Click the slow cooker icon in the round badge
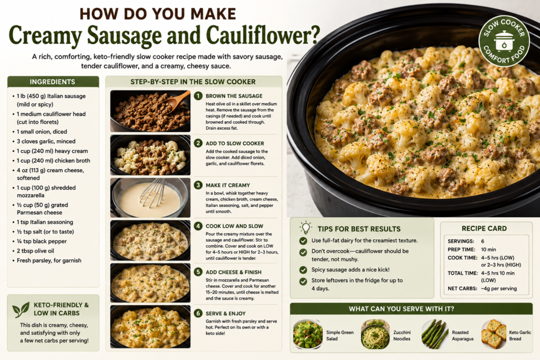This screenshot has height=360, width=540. click(x=504, y=41)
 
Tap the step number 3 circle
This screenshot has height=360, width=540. click(x=198, y=185)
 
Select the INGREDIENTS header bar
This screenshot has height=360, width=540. click(x=53, y=82)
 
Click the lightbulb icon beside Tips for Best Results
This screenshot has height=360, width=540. click(x=305, y=228)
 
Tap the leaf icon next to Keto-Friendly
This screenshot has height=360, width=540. click(x=21, y=309)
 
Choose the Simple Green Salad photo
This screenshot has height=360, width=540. click(x=308, y=335)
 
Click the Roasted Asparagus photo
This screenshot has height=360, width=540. click(x=435, y=335)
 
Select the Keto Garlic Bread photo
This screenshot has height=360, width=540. click(x=494, y=335)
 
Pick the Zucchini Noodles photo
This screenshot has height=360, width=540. click(x=375, y=335)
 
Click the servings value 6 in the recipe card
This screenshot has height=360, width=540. click(x=483, y=241)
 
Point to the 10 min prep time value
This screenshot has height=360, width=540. click(x=488, y=249)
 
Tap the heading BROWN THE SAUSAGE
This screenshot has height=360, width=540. click(x=234, y=96)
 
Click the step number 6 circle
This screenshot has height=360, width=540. click(x=198, y=313)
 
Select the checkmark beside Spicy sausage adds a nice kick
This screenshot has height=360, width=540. click(x=303, y=270)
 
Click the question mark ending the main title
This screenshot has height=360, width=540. click(x=314, y=35)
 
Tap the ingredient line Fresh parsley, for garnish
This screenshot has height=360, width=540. click(x=49, y=260)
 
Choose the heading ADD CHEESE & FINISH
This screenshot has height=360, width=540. click(x=234, y=272)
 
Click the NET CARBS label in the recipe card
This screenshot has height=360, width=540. click(x=462, y=288)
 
